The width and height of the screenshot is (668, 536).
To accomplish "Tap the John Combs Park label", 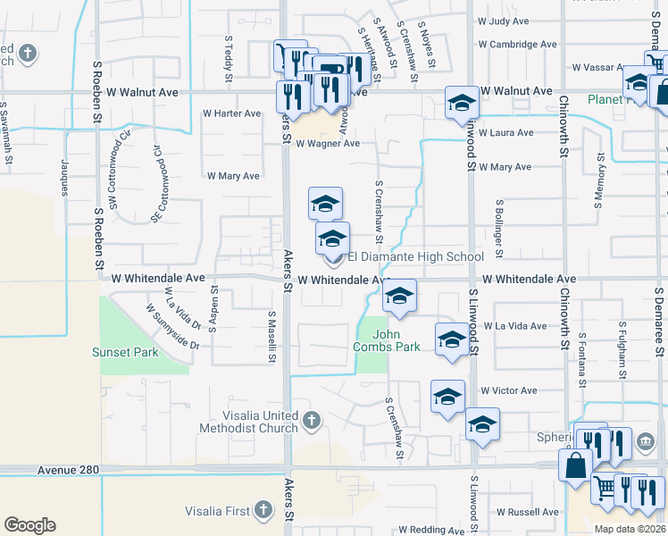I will [387, 340].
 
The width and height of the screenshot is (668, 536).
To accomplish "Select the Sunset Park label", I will [125, 352].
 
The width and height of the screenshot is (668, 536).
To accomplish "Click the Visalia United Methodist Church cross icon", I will [311, 419].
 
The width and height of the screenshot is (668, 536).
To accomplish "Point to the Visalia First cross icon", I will [263, 509].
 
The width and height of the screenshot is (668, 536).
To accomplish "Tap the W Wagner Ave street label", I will [328, 143].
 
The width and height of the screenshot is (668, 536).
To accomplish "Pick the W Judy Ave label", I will [504, 20].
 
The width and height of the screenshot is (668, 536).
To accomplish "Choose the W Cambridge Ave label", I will [518, 44].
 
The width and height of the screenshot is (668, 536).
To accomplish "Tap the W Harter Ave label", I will [232, 113].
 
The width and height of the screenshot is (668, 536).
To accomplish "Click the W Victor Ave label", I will [508, 390].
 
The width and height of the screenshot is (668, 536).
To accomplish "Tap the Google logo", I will [29, 524].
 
